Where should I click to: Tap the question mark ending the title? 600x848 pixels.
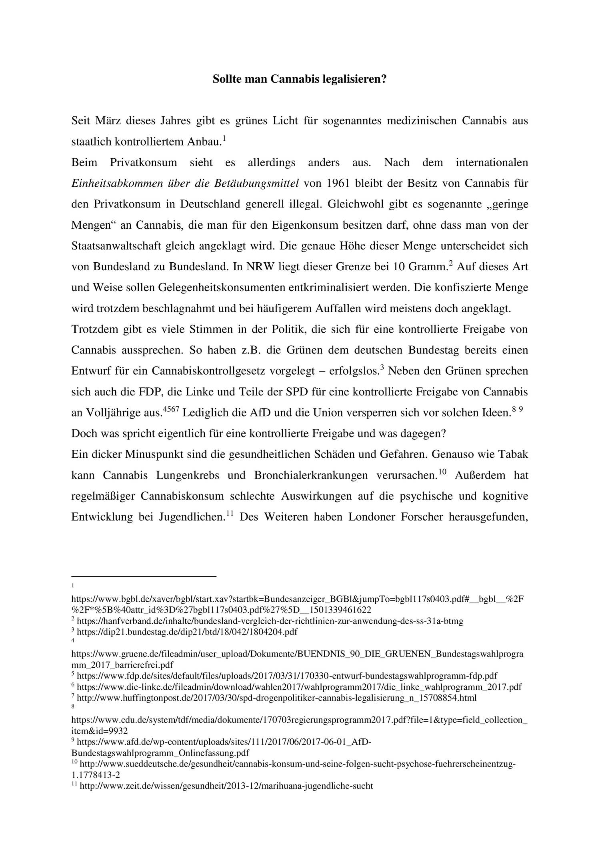click(384, 79)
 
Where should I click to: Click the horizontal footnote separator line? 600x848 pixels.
click(144, 576)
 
